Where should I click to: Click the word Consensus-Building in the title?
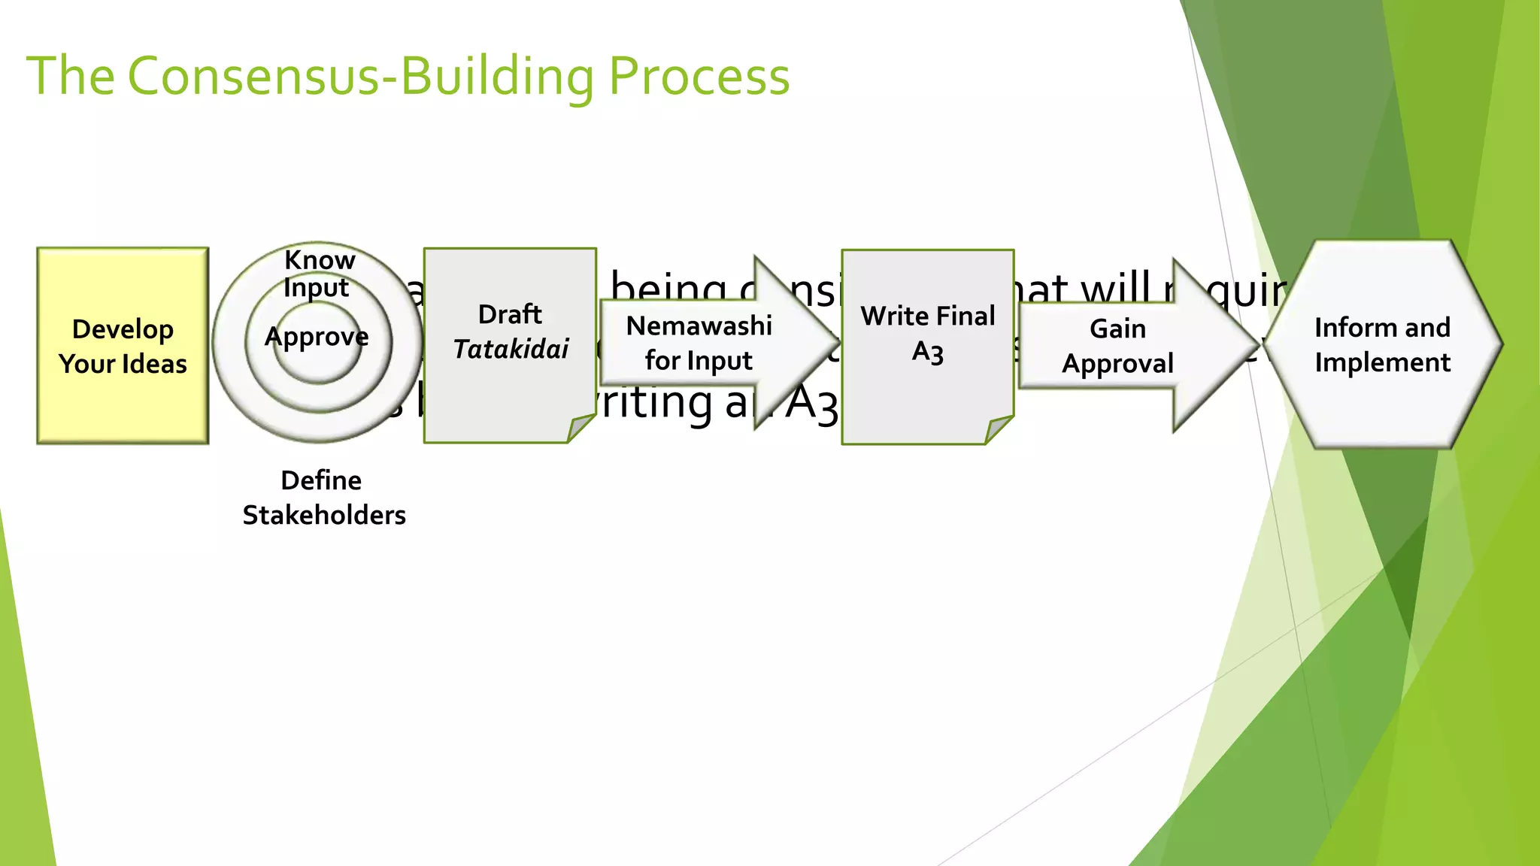click(361, 77)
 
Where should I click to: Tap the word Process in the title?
click(699, 78)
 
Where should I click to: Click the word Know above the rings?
click(320, 260)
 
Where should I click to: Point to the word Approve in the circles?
click(317, 337)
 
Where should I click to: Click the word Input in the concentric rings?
click(316, 288)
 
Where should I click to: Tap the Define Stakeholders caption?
click(323, 498)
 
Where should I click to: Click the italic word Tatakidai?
click(511, 350)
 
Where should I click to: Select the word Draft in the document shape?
click(510, 314)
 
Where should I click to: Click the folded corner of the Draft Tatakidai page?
click(580, 428)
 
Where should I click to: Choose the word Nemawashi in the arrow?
click(699, 326)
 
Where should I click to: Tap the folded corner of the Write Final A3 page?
click(998, 430)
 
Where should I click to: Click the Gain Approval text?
click(1117, 346)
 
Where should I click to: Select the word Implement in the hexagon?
click(1382, 363)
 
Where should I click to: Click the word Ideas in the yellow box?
click(153, 365)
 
